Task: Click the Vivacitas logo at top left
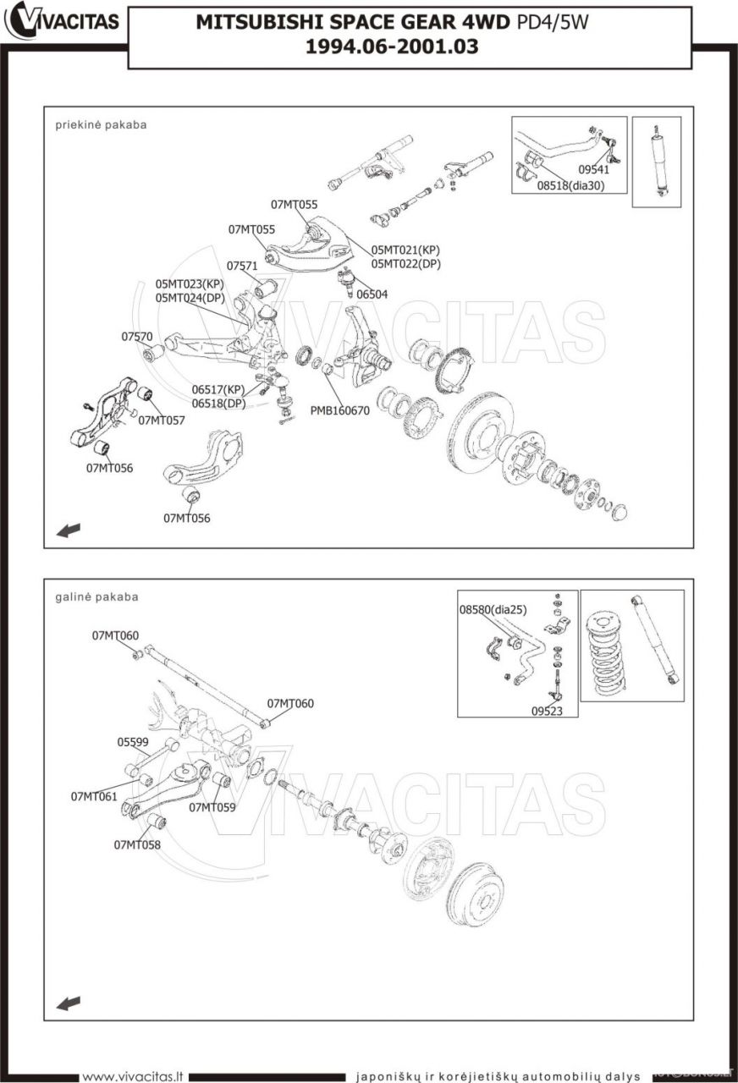[x=62, y=21]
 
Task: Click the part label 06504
[x=372, y=294]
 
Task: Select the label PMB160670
[x=339, y=410]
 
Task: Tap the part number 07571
[x=242, y=266]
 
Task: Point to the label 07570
[x=137, y=337]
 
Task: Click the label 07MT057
[x=162, y=421]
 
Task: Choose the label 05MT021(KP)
[x=405, y=250]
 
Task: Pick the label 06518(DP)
[x=218, y=403]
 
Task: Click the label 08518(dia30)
[x=570, y=185]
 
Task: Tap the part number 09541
[x=594, y=170]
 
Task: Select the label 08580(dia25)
[x=493, y=610]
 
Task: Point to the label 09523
[x=547, y=711]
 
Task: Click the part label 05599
[x=133, y=742]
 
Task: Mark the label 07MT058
[x=137, y=844]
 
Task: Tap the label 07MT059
[x=212, y=807]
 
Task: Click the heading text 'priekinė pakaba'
[x=101, y=124]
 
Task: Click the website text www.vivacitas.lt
[x=133, y=1076]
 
